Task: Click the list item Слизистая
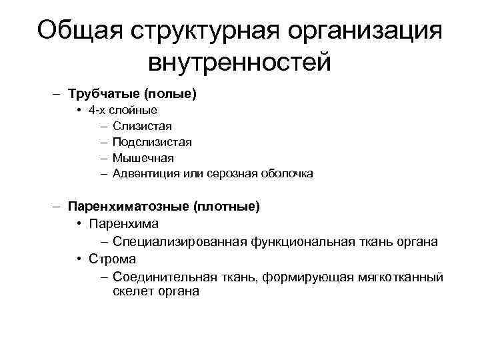click(142, 126)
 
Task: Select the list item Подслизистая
click(152, 142)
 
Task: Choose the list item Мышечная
click(143, 158)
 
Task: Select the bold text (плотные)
click(227, 207)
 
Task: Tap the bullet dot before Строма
click(79, 259)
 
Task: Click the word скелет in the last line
click(131, 292)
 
